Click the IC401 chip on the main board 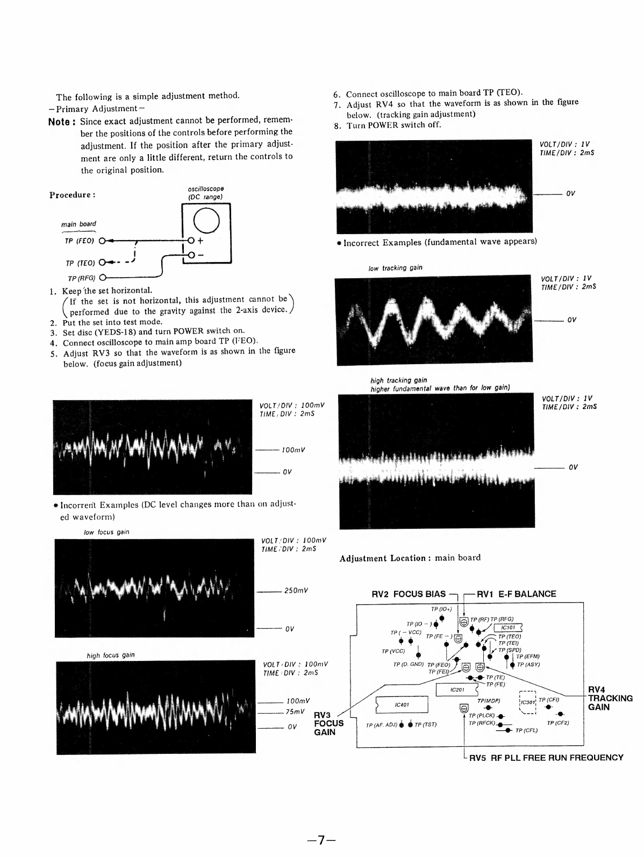pos(402,704)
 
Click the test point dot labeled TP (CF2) pos(561,714)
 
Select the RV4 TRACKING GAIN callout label pos(610,698)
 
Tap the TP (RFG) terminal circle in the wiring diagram pos(102,278)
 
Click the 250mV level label pos(296,591)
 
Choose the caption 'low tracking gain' pos(396,268)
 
